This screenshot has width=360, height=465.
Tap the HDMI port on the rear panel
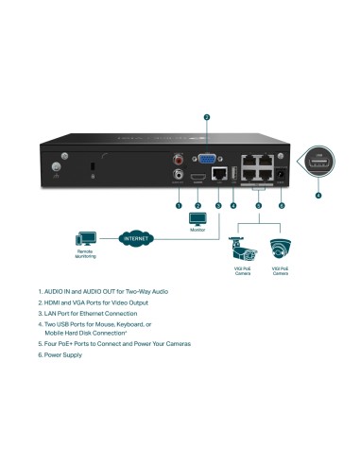[x=197, y=177]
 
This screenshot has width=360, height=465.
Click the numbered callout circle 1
[x=178, y=204]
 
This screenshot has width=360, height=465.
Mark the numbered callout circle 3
[x=218, y=204]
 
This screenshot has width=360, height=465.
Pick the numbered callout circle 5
[x=259, y=204]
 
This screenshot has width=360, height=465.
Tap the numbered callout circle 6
[x=281, y=204]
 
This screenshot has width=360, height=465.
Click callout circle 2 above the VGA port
[x=206, y=117]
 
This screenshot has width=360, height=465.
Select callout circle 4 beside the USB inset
[x=317, y=195]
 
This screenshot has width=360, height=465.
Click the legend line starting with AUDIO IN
[x=104, y=291]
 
